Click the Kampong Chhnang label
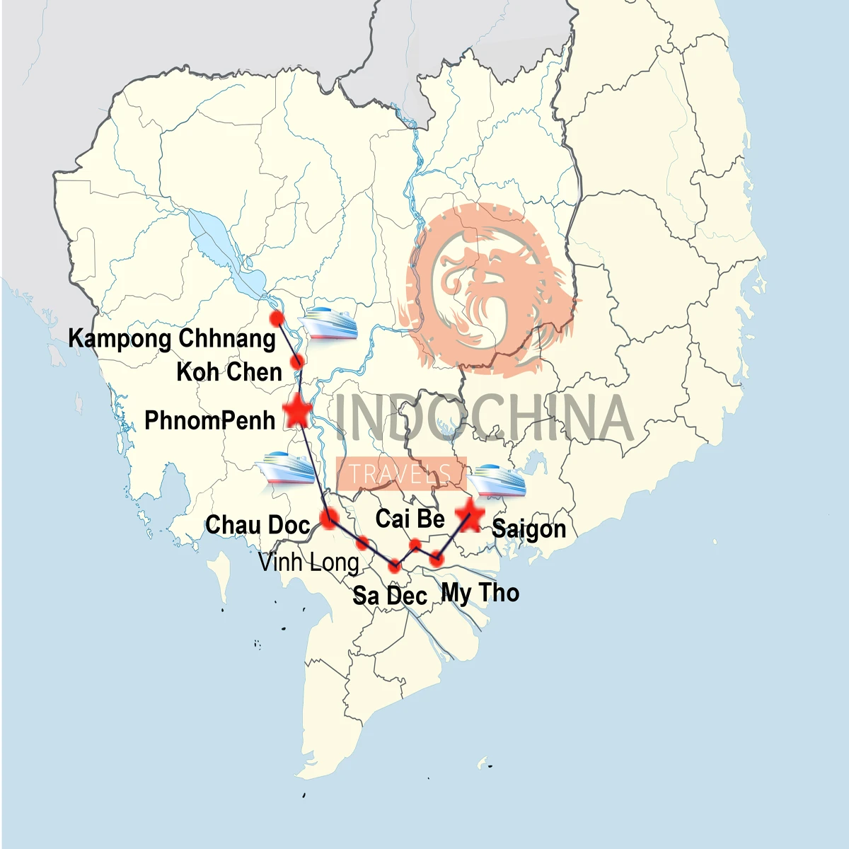pos(172,339)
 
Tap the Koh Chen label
pos(229,372)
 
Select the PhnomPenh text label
pos(209,420)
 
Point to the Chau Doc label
pos(258,525)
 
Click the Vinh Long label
pos(308,562)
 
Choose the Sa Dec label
pos(390,596)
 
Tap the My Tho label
pos(480,592)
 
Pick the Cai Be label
pos(410,519)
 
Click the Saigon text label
pos(529,529)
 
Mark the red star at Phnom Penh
pos(298,411)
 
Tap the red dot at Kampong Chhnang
pos(277,319)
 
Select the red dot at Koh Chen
pos(299,362)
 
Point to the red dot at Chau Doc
pos(328,518)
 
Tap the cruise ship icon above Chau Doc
pos(287,468)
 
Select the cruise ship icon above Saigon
pos(497,480)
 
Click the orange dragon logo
pos(488,283)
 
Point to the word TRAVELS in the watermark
pos(400,473)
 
